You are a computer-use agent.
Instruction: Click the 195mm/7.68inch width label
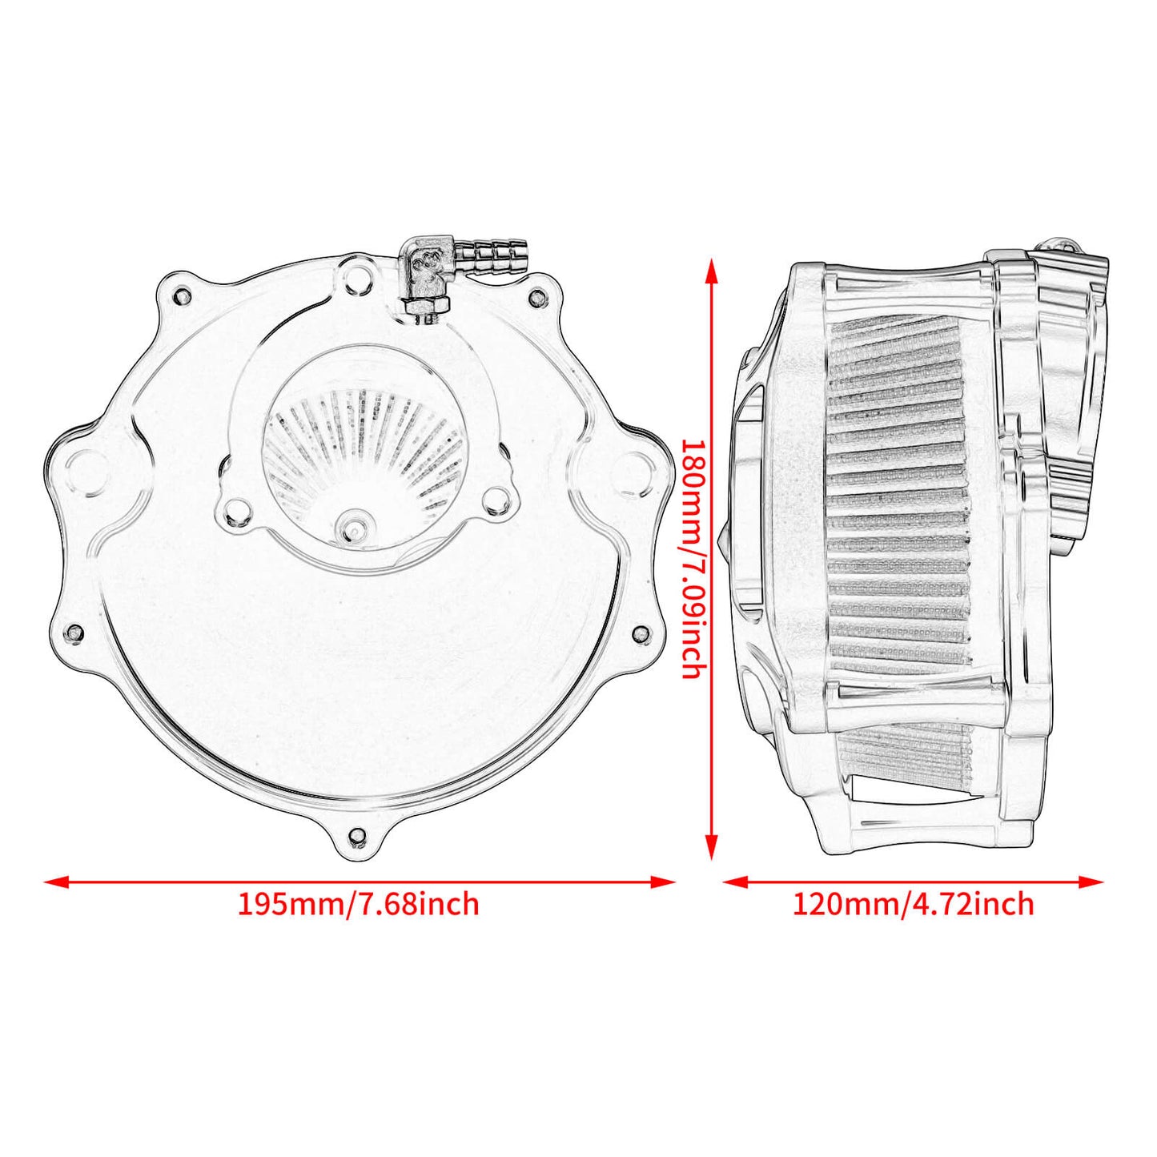click(x=358, y=904)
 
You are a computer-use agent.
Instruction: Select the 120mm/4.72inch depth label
click(x=913, y=904)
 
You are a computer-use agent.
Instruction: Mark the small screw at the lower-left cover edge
click(x=75, y=633)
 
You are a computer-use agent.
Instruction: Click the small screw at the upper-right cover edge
click(x=536, y=297)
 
